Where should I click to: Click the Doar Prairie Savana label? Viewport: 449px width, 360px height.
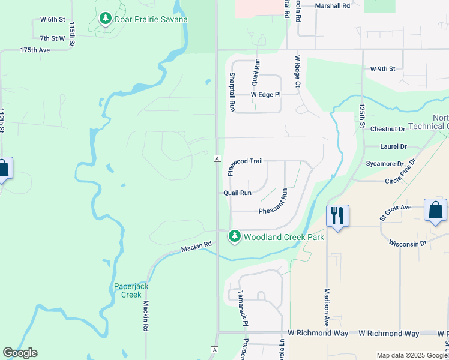(151, 19)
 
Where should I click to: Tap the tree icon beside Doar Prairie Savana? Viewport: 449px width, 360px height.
(106, 19)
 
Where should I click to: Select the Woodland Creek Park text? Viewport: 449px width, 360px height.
(284, 237)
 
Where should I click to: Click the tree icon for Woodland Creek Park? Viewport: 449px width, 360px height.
(235, 237)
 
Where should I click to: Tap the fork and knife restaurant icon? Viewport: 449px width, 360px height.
(337, 215)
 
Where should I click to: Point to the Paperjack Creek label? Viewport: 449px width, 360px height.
(131, 290)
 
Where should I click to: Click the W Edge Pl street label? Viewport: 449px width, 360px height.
(266, 95)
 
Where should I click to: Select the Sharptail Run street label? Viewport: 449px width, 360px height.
(232, 91)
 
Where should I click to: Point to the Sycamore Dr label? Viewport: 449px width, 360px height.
(385, 163)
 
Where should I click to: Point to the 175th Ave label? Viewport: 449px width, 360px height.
(35, 50)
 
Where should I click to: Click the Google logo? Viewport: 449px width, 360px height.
(20, 353)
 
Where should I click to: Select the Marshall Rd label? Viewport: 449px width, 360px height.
(332, 6)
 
